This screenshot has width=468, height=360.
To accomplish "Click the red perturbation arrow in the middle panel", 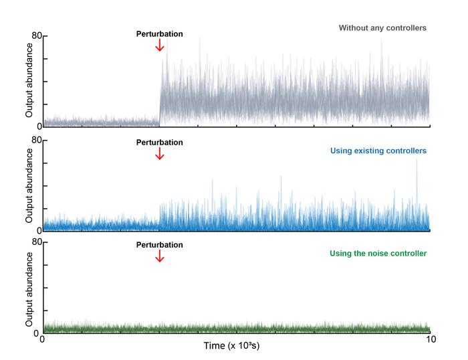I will pyautogui.click(x=159, y=153).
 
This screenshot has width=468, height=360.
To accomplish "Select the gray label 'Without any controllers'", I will pyautogui.click(x=382, y=28).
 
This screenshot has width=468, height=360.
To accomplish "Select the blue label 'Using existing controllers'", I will pyautogui.click(x=378, y=151).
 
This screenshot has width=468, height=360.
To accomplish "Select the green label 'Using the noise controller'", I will pyautogui.click(x=378, y=254).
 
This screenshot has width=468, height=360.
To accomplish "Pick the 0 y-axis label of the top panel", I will pyautogui.click(x=38, y=126).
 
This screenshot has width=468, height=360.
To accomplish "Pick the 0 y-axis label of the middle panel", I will pyautogui.click(x=38, y=230).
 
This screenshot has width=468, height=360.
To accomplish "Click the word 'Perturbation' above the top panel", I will pyautogui.click(x=159, y=33).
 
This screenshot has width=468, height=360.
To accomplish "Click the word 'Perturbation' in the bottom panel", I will pyautogui.click(x=159, y=245).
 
